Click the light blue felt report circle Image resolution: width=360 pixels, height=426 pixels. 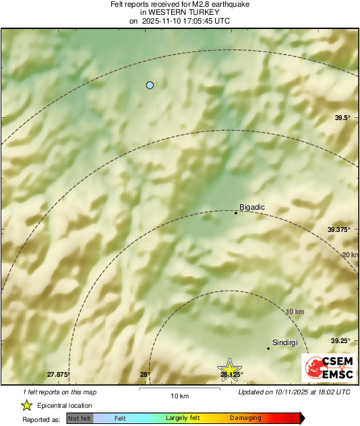150,85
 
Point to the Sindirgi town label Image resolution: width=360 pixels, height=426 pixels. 284,342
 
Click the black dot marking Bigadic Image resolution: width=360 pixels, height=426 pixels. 235,213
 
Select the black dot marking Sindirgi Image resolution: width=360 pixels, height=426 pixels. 268,348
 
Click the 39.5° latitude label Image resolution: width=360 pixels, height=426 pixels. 343,118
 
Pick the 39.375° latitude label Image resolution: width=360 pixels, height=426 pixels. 340,230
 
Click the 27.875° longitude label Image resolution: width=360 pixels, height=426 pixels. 58,374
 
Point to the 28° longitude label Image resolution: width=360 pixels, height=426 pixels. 144,374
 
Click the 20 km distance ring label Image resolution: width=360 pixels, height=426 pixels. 349,254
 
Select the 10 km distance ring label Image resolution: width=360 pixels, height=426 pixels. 295,312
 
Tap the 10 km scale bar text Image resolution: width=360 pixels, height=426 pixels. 179,395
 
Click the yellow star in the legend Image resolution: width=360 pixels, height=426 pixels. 26,405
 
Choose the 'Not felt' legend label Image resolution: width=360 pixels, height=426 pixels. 80,419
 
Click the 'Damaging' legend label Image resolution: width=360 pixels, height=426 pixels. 245,419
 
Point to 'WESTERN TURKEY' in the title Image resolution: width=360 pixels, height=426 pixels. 180,12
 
